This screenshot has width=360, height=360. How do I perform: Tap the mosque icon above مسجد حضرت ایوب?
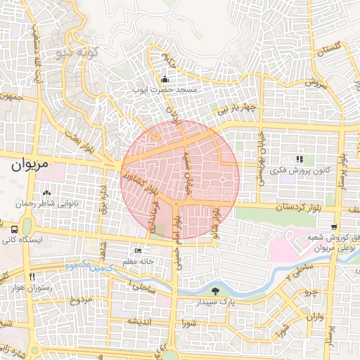165,79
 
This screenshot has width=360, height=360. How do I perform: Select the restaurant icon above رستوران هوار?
30,276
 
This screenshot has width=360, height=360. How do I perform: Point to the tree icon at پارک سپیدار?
215,290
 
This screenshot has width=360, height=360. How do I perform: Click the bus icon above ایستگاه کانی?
15,229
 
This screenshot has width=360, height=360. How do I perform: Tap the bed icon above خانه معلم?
138,250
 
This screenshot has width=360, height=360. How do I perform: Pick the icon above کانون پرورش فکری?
300,159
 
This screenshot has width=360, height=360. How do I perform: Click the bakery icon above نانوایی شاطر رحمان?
47,193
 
